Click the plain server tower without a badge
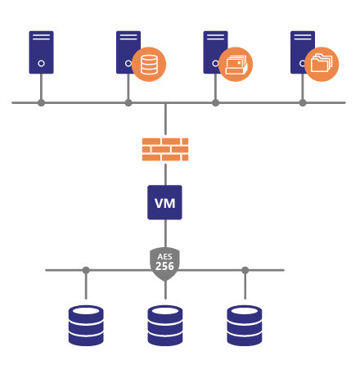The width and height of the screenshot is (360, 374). (x=41, y=52)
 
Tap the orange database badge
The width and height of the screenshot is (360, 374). (x=149, y=65)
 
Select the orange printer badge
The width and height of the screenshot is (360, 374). (x=236, y=65)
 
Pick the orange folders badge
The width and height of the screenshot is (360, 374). (x=322, y=65)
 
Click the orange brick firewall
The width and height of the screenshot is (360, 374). (x=165, y=150)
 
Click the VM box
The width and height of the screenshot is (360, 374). (x=164, y=202)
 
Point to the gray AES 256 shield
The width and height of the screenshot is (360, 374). (x=164, y=264)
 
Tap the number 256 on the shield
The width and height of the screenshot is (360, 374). (x=164, y=266)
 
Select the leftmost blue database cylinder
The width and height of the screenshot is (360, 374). (x=86, y=326)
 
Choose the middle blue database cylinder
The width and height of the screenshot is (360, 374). (x=165, y=326)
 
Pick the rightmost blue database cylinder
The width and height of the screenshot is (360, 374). (x=245, y=326)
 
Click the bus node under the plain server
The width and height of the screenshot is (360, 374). (x=41, y=103)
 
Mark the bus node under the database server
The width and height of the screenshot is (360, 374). (x=128, y=103)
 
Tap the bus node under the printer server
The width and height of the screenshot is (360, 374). (x=215, y=103)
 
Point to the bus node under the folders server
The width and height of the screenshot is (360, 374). (x=303, y=103)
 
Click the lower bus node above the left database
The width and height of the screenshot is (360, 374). (x=86, y=270)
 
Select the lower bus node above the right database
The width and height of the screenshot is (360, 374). (x=245, y=270)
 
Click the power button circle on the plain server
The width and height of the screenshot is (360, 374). (x=41, y=64)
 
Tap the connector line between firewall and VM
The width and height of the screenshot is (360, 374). (x=165, y=174)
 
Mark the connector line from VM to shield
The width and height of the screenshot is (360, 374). (x=165, y=233)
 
